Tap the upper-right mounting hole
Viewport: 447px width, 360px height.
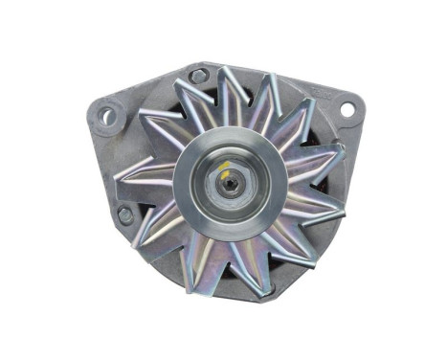pyautogui.click(x=346, y=109)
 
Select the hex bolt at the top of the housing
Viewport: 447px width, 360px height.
pyautogui.click(x=198, y=75)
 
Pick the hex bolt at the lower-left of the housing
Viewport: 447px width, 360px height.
pyautogui.click(x=125, y=215)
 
